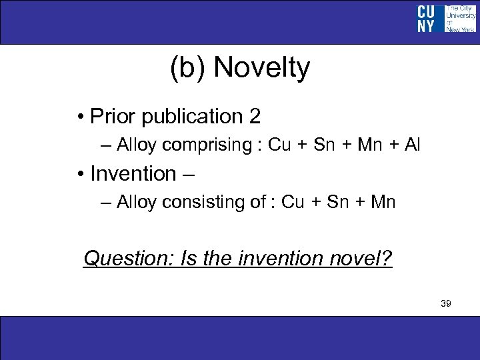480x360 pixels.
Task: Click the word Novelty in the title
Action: tap(263, 68)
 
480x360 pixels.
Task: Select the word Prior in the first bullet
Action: tap(111, 117)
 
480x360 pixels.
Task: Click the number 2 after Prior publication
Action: tap(255, 117)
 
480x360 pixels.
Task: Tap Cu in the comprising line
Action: tap(279, 145)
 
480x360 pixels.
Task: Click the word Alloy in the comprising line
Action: tap(138, 145)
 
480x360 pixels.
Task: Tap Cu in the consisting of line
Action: tap(293, 202)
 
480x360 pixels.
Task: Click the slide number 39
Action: tap(446, 304)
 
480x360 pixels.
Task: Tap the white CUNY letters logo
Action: tap(427, 19)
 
